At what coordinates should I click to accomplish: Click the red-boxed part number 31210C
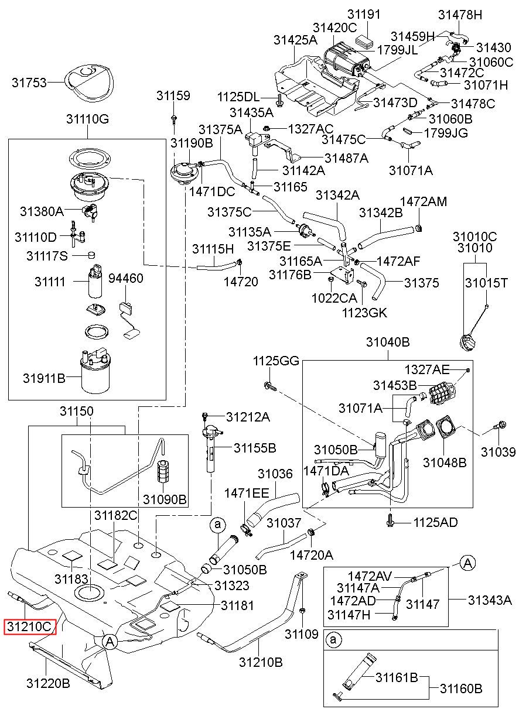(x=29, y=627)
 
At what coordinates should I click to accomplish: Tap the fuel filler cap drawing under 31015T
(x=467, y=343)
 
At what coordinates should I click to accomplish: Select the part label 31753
(x=29, y=83)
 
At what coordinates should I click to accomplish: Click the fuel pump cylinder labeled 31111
(x=95, y=281)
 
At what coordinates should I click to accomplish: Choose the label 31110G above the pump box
(x=87, y=119)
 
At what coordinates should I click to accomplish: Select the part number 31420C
(x=335, y=28)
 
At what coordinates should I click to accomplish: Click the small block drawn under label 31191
(x=364, y=42)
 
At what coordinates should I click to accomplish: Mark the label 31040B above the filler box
(x=388, y=342)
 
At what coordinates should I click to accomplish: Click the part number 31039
(x=498, y=452)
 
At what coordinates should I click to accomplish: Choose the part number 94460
(x=126, y=278)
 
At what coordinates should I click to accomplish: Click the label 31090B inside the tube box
(x=165, y=499)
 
